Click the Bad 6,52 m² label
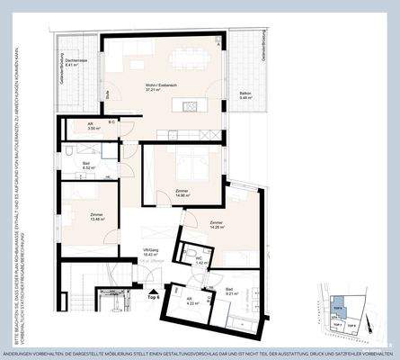click(x=89, y=166)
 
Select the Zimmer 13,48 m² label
click(x=97, y=216)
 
